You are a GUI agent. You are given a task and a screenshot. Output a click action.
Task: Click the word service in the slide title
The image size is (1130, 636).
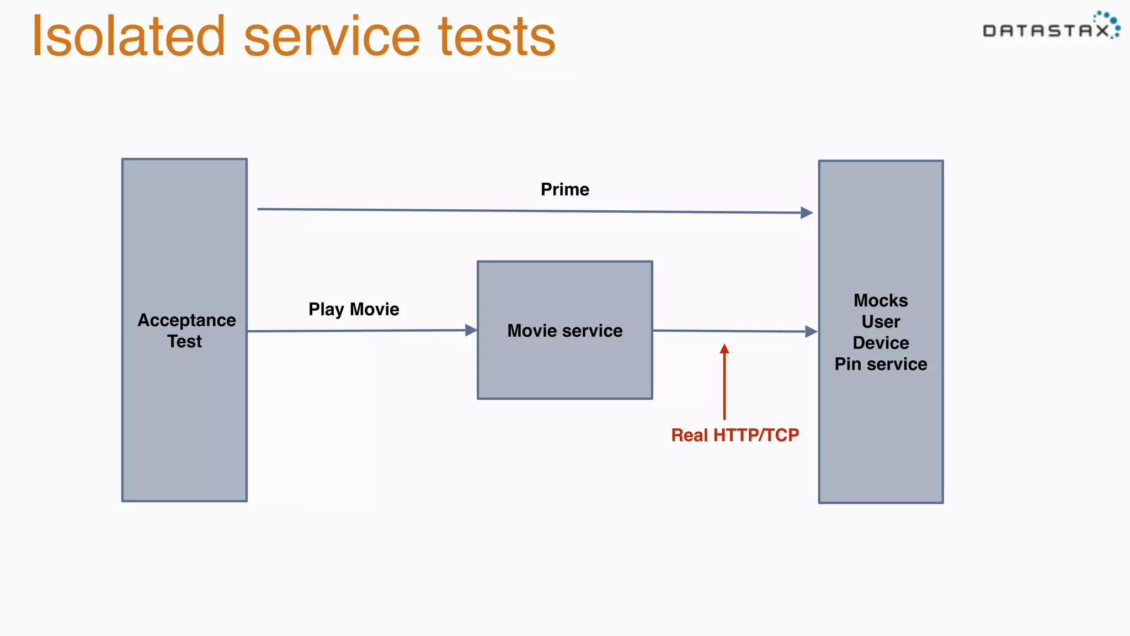click(x=332, y=38)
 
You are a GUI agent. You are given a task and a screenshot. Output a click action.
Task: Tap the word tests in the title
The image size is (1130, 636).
click(x=497, y=38)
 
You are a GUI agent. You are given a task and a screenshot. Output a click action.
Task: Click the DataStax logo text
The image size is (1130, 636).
click(x=1046, y=31)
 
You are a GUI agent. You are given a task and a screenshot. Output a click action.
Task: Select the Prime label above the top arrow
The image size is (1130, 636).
click(x=564, y=189)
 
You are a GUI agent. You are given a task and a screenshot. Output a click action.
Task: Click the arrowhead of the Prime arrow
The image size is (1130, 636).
click(x=807, y=213)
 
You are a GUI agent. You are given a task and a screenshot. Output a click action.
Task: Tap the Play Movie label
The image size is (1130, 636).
click(x=354, y=309)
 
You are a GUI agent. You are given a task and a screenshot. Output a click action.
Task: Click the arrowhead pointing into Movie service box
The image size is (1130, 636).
click(x=471, y=330)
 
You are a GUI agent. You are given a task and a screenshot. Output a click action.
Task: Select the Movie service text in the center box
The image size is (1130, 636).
click(x=564, y=331)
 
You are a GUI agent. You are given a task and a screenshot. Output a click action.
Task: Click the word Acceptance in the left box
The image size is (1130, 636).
click(x=186, y=320)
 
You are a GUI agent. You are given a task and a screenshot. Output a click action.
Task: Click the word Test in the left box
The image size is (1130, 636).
click(x=185, y=342)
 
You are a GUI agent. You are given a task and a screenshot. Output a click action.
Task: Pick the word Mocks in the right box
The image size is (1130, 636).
click(x=881, y=300)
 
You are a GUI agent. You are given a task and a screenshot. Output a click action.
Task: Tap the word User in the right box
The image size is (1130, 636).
click(x=881, y=322)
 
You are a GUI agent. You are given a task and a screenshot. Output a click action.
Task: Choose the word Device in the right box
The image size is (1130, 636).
click(x=881, y=343)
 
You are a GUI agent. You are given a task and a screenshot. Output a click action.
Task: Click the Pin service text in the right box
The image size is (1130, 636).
click(x=881, y=364)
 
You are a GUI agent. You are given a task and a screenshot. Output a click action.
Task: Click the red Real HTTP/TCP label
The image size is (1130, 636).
click(x=735, y=435)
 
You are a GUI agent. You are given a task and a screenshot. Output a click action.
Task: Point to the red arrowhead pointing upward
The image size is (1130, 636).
click(x=724, y=349)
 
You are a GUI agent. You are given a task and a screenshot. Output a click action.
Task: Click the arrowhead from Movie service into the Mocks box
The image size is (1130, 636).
click(x=811, y=331)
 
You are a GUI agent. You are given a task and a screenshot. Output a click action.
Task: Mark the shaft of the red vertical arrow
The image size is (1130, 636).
click(x=724, y=386)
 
